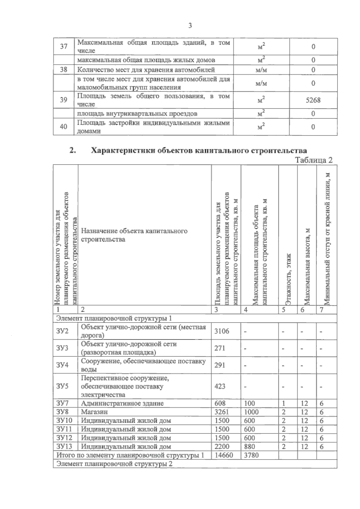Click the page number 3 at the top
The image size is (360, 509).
[x=190, y=26]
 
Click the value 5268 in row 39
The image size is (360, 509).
[x=313, y=100]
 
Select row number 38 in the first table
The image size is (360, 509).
[x=64, y=70]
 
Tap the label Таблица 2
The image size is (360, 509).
[x=314, y=160]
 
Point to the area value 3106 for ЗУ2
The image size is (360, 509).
[x=222, y=331]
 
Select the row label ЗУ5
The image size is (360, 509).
[x=62, y=386]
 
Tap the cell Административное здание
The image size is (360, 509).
[x=122, y=403]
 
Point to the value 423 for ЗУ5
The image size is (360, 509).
[x=220, y=386]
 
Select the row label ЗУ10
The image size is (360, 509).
[x=64, y=421]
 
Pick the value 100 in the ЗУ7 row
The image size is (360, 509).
[x=250, y=403]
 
